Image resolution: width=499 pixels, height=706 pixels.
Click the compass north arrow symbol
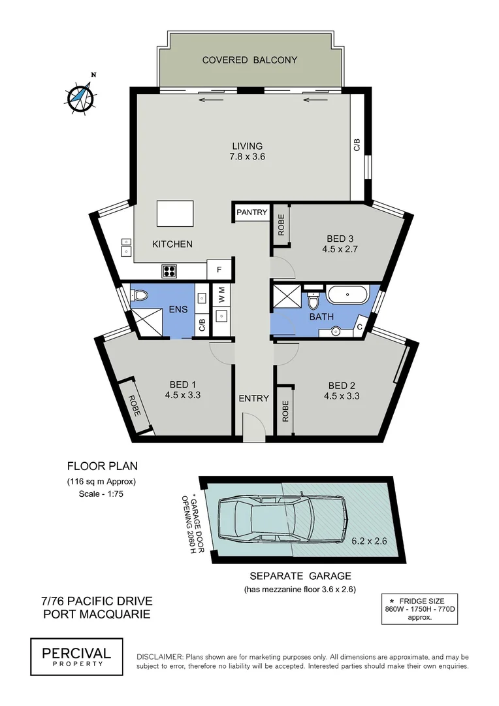(x=81, y=96)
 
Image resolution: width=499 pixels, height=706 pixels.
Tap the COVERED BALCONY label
(x=249, y=60)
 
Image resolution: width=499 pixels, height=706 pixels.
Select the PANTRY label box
(x=251, y=212)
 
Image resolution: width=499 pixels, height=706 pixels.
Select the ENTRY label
(x=253, y=398)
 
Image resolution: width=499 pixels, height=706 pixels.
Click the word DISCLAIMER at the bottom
(x=159, y=656)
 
